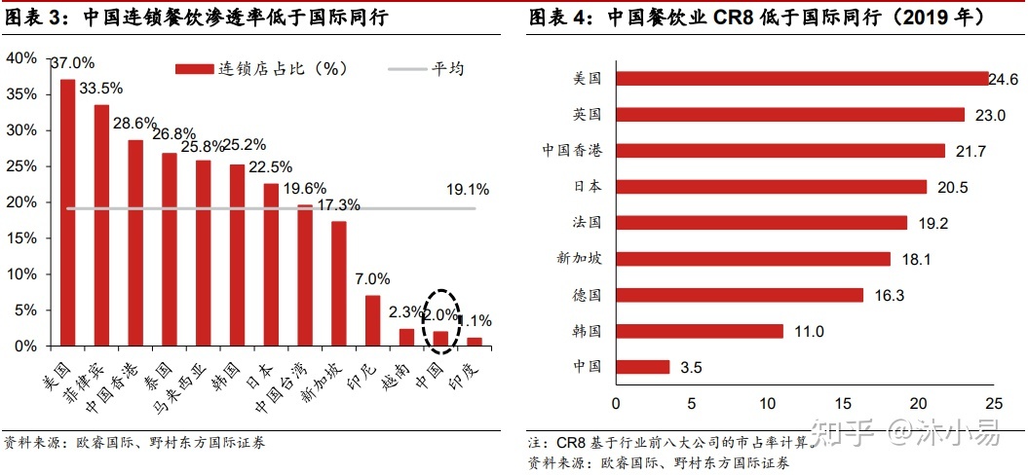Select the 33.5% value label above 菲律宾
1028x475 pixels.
click(x=101, y=89)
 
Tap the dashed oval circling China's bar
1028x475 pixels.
click(x=441, y=322)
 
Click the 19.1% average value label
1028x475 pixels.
click(x=467, y=189)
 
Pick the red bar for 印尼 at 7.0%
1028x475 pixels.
click(x=372, y=320)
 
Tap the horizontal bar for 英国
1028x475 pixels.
click(x=790, y=115)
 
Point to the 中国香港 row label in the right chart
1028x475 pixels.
click(x=572, y=151)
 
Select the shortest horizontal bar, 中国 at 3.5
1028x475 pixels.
click(x=643, y=367)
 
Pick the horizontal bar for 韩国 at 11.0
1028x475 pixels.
click(x=700, y=331)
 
